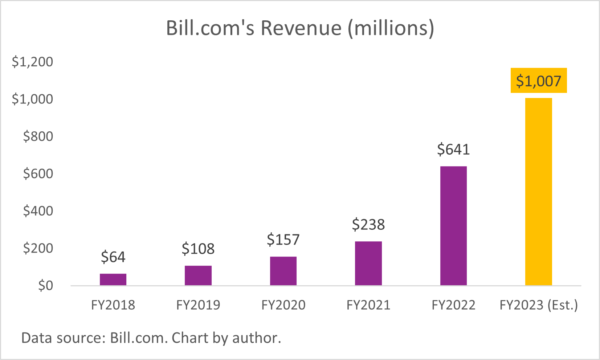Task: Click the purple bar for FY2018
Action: tap(113, 279)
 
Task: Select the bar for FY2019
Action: tap(198, 275)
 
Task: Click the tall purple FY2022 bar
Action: tap(453, 226)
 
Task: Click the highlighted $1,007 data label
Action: tap(539, 81)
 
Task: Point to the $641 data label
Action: tap(453, 149)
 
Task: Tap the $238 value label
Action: tap(368, 224)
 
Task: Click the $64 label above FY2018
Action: tap(113, 257)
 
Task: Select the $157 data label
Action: tap(283, 240)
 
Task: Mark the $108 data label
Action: tap(198, 249)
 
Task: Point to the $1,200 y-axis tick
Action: tap(32, 62)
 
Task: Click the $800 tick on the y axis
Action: tap(38, 136)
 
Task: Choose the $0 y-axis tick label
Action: tap(45, 286)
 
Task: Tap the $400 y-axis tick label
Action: tap(38, 211)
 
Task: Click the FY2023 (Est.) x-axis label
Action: tap(539, 305)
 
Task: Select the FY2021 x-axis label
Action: tap(368, 305)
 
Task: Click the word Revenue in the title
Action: tap(301, 28)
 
